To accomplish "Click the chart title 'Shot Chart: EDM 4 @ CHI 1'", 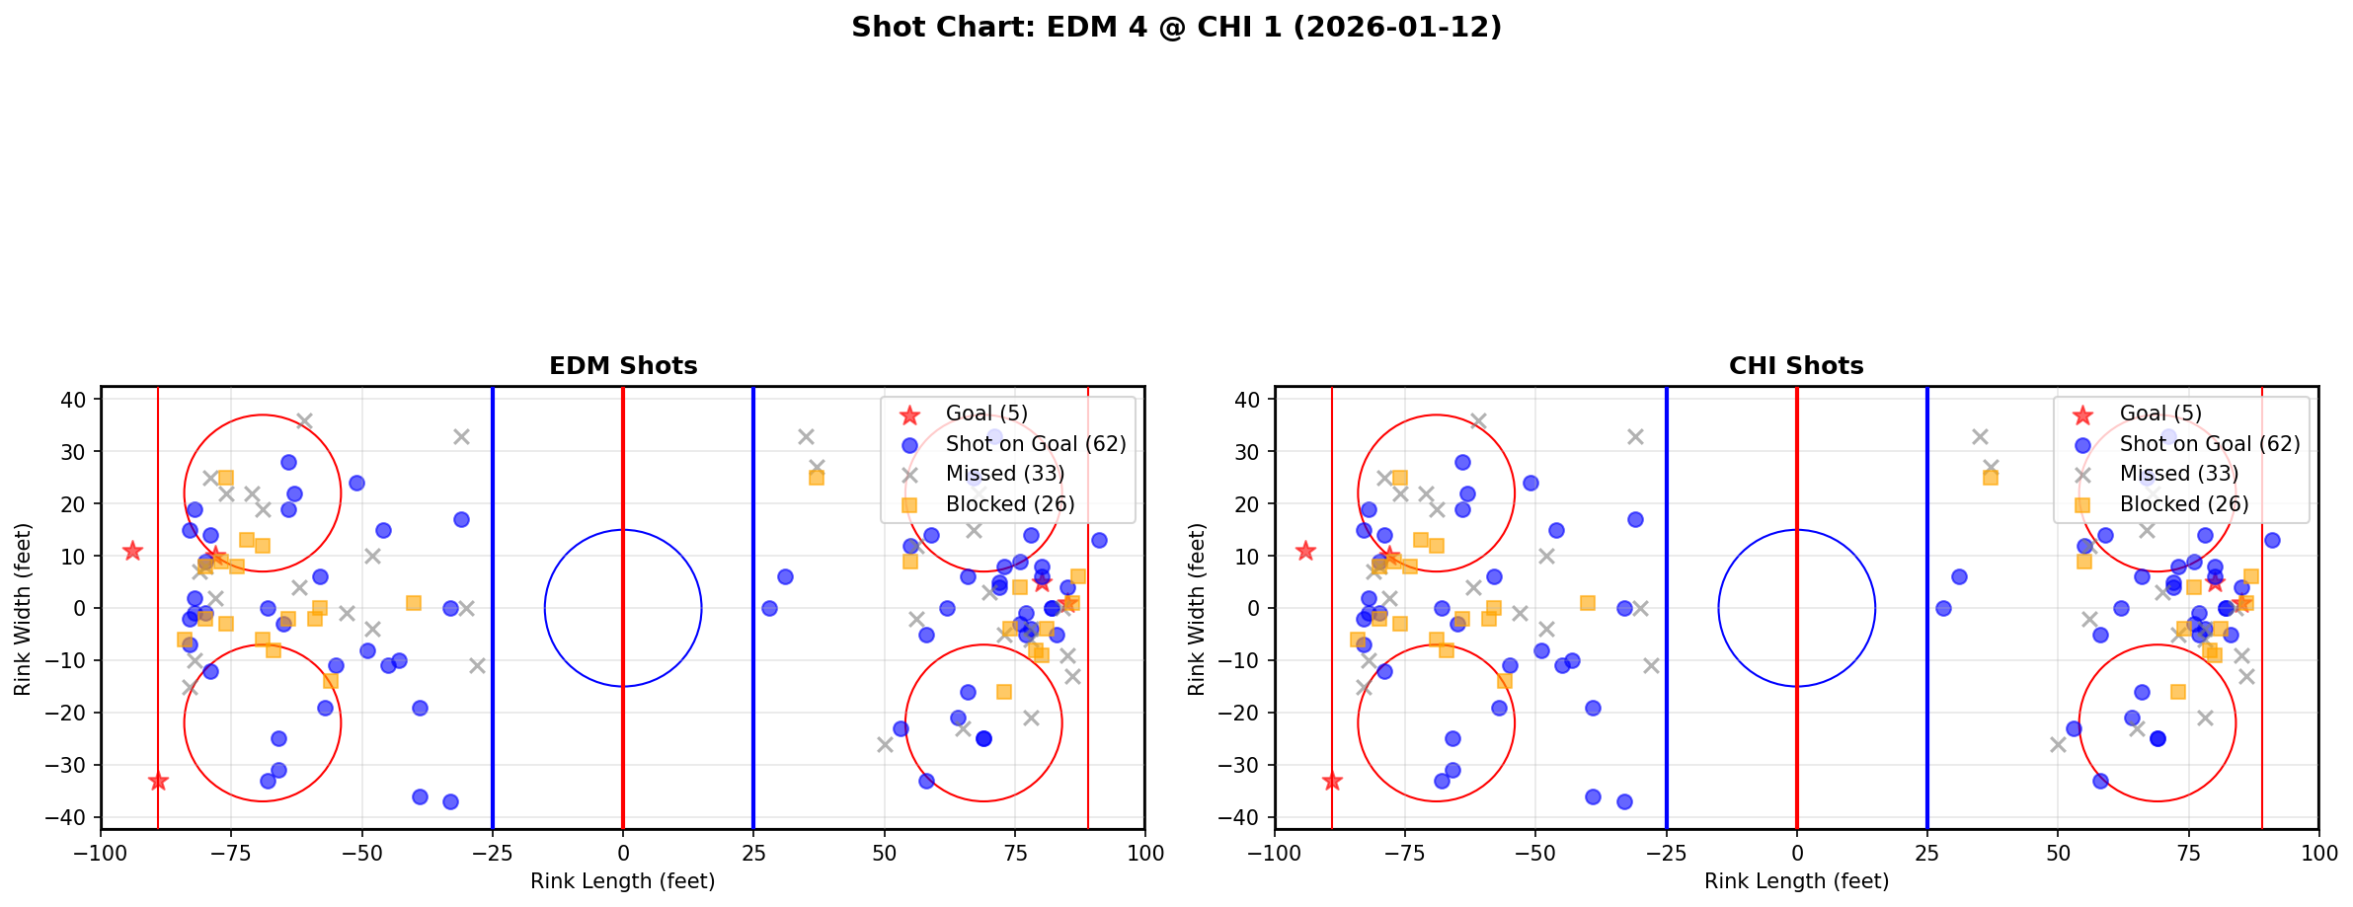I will [1176, 28].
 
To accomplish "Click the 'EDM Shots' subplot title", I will [623, 366].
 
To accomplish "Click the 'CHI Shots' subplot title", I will [1796, 366].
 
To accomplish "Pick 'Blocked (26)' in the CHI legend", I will [2184, 504].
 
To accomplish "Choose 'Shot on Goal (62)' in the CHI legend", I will [2210, 444].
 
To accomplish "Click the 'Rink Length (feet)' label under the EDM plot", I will [623, 881].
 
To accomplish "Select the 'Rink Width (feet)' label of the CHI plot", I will [1197, 609].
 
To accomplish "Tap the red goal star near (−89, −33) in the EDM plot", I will [158, 781].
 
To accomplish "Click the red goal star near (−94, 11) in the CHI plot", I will [1305, 551].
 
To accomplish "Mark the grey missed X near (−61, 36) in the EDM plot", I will [304, 421].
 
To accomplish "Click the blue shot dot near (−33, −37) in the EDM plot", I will [450, 801].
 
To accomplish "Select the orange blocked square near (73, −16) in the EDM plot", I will [1004, 692].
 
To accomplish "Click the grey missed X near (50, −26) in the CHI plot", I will [2058, 744].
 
